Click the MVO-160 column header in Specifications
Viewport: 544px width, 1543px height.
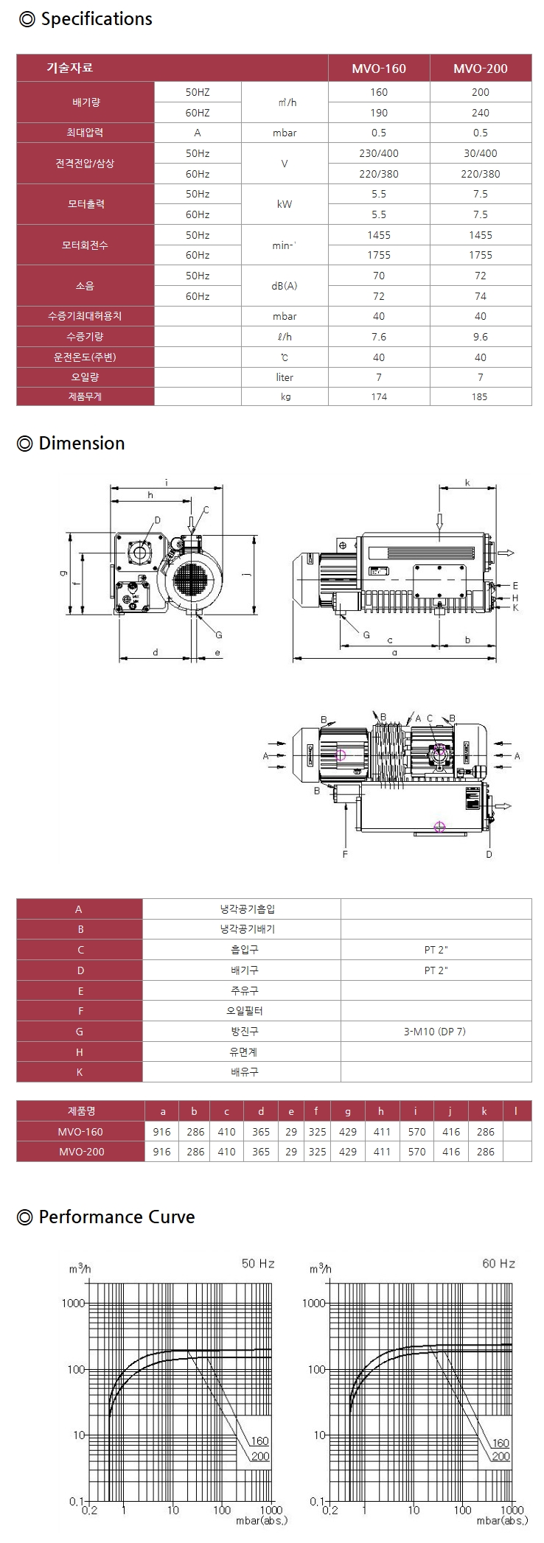(378, 69)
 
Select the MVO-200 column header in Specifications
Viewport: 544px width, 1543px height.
(480, 69)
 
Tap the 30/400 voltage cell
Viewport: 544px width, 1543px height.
(480, 153)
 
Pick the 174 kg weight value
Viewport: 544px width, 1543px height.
(379, 396)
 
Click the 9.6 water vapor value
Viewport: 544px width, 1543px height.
(480, 336)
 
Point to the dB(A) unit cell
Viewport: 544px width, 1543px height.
(285, 285)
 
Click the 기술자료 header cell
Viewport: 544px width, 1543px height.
(70, 68)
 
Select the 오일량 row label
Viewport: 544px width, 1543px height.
(85, 377)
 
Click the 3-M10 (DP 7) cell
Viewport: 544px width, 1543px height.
(436, 1032)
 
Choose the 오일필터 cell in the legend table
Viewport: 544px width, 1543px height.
(242, 1011)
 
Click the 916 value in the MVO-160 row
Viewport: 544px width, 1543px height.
(161, 1132)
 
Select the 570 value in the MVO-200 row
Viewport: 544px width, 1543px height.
(416, 1152)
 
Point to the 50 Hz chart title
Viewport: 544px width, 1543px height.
(258, 1264)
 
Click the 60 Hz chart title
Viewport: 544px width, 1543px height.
(499, 1264)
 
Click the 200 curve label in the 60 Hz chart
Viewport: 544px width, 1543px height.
(501, 1456)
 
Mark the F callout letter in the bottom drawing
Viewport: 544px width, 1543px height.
(345, 854)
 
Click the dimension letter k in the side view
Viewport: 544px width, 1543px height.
(467, 483)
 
